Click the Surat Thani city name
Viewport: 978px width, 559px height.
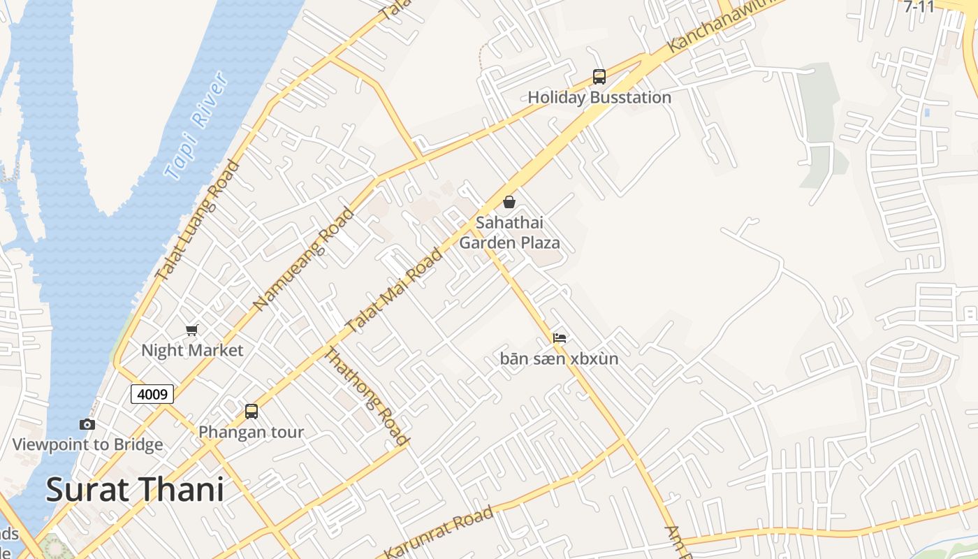135,490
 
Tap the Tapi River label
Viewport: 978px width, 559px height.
197,126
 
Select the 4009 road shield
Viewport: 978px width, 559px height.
152,394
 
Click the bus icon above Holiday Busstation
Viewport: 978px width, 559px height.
599,77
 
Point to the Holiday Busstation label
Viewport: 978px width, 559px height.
599,97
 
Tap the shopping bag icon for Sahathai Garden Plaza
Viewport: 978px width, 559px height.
509,202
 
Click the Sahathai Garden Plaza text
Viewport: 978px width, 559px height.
509,233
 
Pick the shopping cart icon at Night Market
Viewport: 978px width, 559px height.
191,330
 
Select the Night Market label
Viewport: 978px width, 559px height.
192,350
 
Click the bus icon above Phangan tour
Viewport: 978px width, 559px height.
251,412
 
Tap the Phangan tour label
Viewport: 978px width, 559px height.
251,432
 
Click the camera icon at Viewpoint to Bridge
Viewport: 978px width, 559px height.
87,424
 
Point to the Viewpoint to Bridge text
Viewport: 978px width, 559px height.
87,444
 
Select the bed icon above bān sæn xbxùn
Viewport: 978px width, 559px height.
559,338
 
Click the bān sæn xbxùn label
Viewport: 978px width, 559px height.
559,359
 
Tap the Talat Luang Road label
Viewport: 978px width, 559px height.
197,221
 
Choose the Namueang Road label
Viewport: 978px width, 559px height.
303,260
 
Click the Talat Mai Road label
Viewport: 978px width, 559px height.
394,291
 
